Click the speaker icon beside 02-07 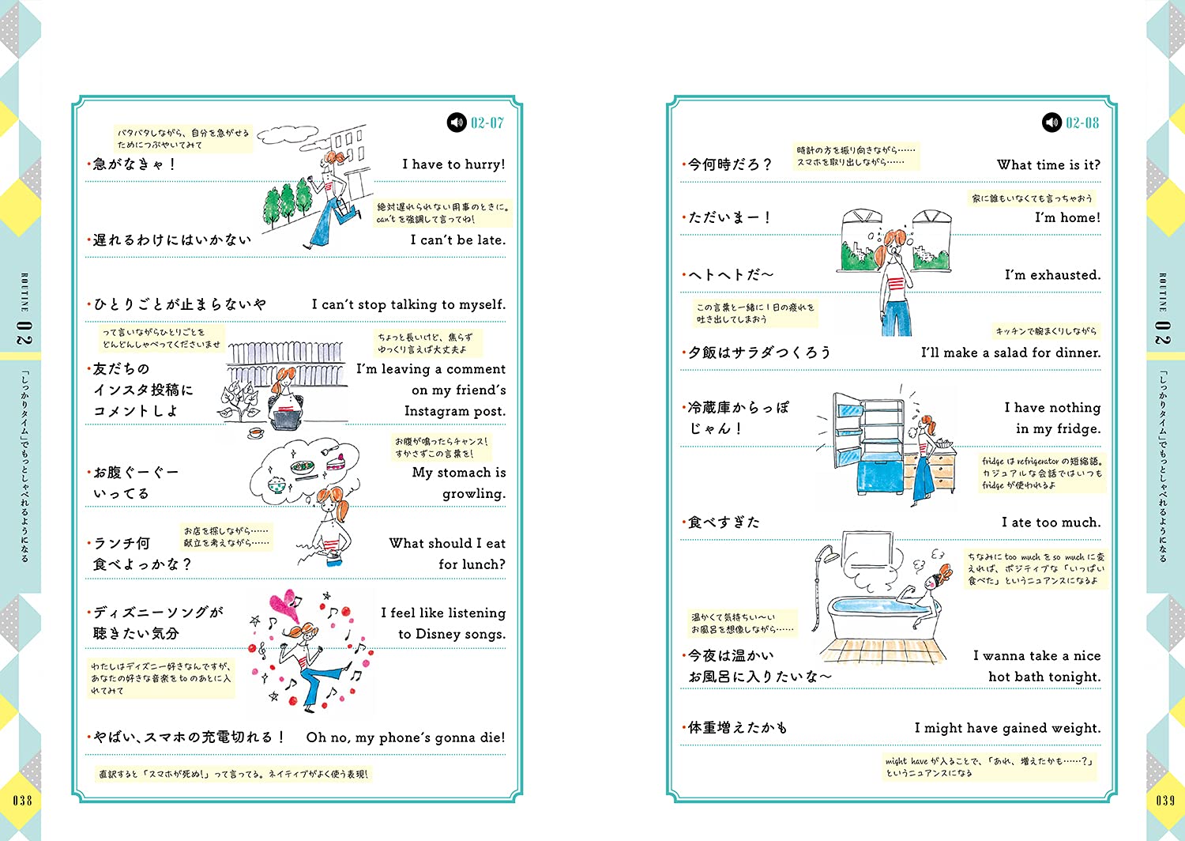(457, 123)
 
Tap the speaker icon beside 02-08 (1051, 123)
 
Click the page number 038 (22, 800)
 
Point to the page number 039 (1165, 800)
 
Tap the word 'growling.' (474, 494)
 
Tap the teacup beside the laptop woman (255, 432)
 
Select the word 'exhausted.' (1066, 275)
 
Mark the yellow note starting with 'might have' (989, 767)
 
